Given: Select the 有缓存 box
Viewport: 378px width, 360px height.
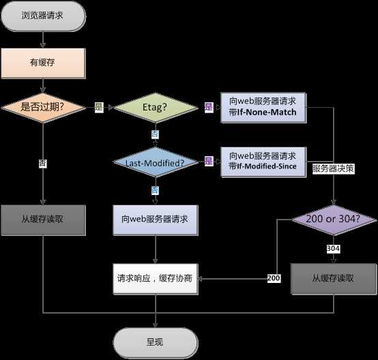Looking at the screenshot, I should pyautogui.click(x=44, y=63).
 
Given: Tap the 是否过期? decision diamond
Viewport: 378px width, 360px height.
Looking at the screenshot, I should pyautogui.click(x=44, y=107).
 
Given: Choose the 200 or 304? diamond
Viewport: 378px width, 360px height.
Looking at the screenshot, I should pyautogui.click(x=332, y=220).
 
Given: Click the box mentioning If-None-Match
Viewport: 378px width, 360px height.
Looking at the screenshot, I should pyautogui.click(x=263, y=107).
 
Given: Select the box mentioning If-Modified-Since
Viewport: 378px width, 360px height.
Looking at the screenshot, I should pyautogui.click(x=263, y=162).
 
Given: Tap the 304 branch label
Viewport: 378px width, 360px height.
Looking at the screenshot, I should pyautogui.click(x=333, y=249).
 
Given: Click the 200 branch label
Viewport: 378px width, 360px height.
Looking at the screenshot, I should pyautogui.click(x=274, y=279).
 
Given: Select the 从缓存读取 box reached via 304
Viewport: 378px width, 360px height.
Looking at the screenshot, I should pyautogui.click(x=332, y=278).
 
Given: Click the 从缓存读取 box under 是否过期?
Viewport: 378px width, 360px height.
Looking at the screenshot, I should pyautogui.click(x=44, y=220).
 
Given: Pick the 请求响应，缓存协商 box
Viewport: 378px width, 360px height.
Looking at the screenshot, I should pyautogui.click(x=156, y=278).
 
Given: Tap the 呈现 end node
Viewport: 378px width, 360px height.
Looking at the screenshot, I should pyautogui.click(x=156, y=340).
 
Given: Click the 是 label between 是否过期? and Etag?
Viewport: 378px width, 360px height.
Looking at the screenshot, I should pyautogui.click(x=98, y=107).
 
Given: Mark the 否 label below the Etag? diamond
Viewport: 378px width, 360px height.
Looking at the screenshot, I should pyautogui.click(x=155, y=134).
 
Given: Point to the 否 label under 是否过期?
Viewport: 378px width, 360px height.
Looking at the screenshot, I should pyautogui.click(x=44, y=164).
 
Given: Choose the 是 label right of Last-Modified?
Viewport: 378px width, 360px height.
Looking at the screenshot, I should pyautogui.click(x=209, y=162).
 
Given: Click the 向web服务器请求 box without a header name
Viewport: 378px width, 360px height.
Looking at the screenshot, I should pyautogui.click(x=156, y=220).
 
